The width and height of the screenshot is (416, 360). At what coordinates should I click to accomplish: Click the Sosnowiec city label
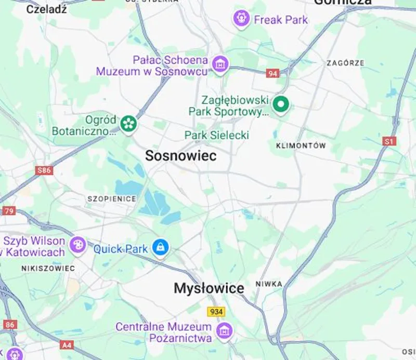180,156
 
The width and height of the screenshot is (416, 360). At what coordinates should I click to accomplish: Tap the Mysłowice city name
209,288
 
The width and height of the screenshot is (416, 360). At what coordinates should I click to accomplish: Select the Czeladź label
46,9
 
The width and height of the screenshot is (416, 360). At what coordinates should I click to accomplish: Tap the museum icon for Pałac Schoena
220,64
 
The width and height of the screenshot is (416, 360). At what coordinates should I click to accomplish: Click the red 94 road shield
272,73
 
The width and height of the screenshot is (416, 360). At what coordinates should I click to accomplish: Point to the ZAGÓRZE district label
345,63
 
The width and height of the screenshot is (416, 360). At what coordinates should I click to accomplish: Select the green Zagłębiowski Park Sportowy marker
281,104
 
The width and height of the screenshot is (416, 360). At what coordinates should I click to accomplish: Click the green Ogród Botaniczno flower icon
128,124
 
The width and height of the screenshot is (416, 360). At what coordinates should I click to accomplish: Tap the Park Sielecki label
217,135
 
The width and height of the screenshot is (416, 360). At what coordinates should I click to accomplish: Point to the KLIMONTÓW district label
302,146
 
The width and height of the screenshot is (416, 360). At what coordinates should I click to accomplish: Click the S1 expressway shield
389,141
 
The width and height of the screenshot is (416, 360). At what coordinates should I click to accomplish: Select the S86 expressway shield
45,170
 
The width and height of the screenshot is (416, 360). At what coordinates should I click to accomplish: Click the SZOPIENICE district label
112,199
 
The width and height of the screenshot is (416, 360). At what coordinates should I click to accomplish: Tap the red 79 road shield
9,211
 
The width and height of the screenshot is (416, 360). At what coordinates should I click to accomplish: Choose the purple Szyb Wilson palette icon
77,245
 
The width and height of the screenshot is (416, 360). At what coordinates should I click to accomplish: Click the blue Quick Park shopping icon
160,248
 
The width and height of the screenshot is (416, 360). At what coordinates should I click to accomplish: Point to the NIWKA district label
269,284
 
